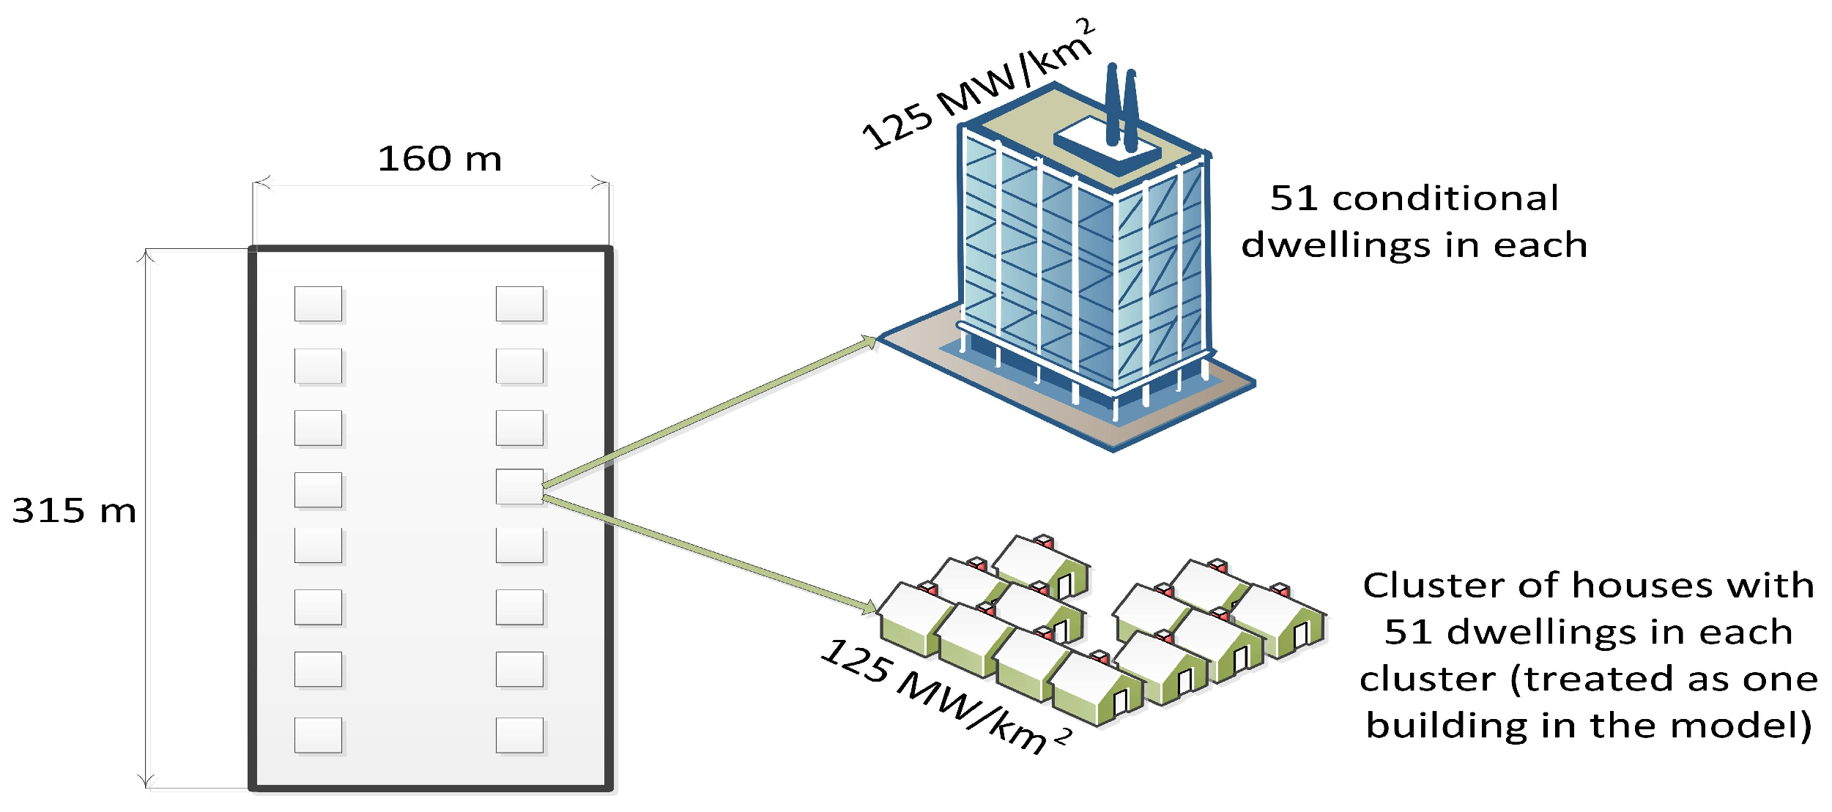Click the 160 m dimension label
point(440,159)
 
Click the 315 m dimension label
point(74,510)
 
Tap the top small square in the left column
point(318,303)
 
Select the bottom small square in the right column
point(519,734)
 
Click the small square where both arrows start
point(519,486)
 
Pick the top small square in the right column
point(519,303)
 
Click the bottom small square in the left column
point(318,734)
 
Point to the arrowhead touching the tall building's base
point(869,342)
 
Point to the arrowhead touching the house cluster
point(869,606)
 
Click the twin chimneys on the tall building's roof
point(1121,106)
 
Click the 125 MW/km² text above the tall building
point(978,84)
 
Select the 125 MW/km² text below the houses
point(945,696)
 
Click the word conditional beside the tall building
point(1445,198)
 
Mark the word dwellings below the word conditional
point(1335,245)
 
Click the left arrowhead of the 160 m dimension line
point(261,182)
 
